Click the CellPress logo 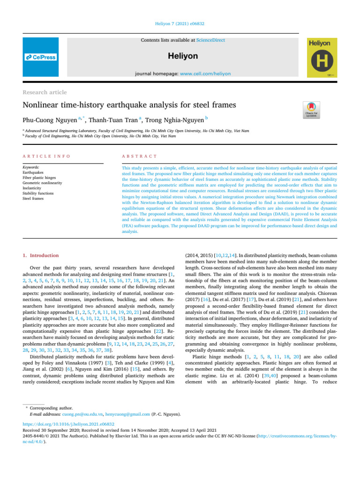[41, 57]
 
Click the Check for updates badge [312, 108]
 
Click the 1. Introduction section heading [41, 255]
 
